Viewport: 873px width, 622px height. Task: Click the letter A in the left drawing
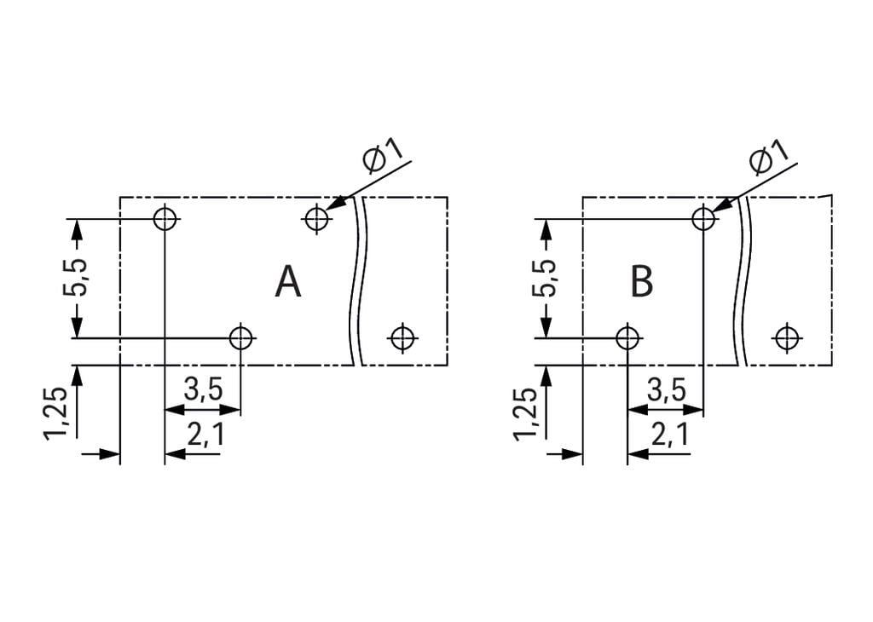pos(288,282)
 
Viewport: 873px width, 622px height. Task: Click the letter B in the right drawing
pos(641,282)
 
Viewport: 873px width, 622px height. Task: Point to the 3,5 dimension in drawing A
pos(203,390)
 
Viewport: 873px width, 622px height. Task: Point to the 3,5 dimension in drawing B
pos(666,390)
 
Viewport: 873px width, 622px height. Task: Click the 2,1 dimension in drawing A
pos(205,435)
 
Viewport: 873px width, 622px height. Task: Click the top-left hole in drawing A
pos(165,219)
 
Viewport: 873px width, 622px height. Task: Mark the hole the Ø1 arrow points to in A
pos(316,219)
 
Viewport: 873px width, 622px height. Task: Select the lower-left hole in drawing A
pos(241,338)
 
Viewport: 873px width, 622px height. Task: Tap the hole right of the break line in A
pos(402,338)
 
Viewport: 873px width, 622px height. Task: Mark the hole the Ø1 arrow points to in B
pos(703,219)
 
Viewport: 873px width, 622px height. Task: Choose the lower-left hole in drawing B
pos(627,338)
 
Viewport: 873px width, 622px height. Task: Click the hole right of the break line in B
pos(785,338)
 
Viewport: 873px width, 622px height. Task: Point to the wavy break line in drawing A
pos(356,281)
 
